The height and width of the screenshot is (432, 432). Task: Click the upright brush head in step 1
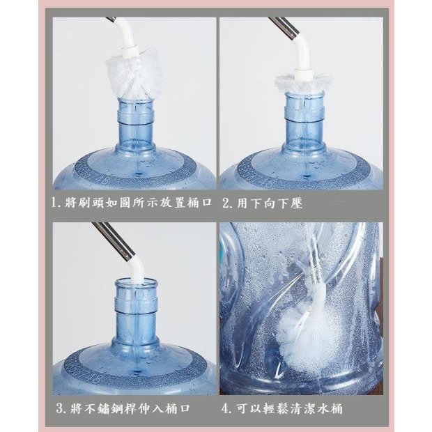click(135, 75)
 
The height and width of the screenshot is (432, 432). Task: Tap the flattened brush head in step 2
click(304, 83)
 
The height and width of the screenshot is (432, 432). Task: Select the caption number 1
click(55, 203)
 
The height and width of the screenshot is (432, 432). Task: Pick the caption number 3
click(61, 408)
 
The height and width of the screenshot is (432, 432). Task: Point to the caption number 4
click(226, 408)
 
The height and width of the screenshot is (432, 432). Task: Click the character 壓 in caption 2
click(296, 203)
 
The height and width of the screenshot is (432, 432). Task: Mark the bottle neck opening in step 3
click(137, 281)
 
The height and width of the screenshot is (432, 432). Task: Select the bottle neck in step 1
click(136, 124)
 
